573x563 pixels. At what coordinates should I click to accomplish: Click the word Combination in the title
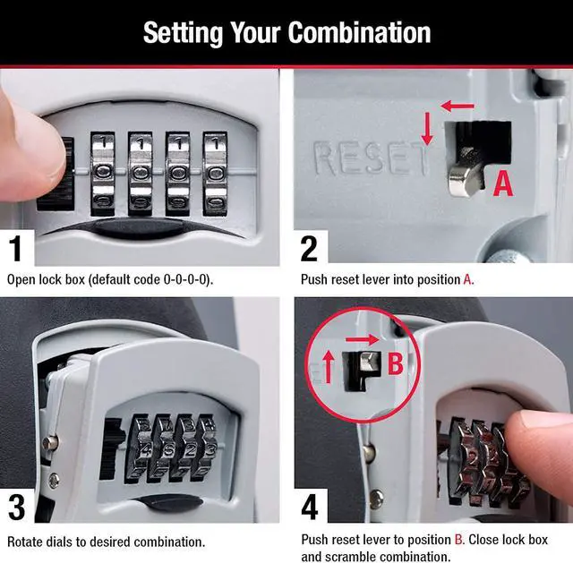pyautogui.click(x=359, y=33)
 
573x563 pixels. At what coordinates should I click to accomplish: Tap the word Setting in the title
pyautogui.click(x=183, y=34)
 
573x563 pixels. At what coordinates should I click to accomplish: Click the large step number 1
pyautogui.click(x=16, y=249)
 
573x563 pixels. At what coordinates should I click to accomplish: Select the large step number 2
pyautogui.click(x=309, y=249)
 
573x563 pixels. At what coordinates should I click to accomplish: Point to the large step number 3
pyautogui.click(x=16, y=508)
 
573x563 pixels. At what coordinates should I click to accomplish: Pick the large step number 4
pyautogui.click(x=310, y=508)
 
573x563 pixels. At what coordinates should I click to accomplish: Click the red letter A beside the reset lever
pyautogui.click(x=503, y=183)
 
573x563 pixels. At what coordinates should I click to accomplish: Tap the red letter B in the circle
pyautogui.click(x=395, y=363)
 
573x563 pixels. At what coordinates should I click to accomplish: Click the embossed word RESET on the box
pyautogui.click(x=371, y=158)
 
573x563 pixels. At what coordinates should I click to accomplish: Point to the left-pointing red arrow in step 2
pyautogui.click(x=458, y=107)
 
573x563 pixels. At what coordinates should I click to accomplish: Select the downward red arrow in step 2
pyautogui.click(x=427, y=129)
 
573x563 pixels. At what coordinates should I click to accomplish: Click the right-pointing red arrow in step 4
pyautogui.click(x=362, y=340)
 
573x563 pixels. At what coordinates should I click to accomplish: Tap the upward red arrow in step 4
pyautogui.click(x=329, y=366)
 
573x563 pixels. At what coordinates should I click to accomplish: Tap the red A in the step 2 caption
pyautogui.click(x=467, y=279)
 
